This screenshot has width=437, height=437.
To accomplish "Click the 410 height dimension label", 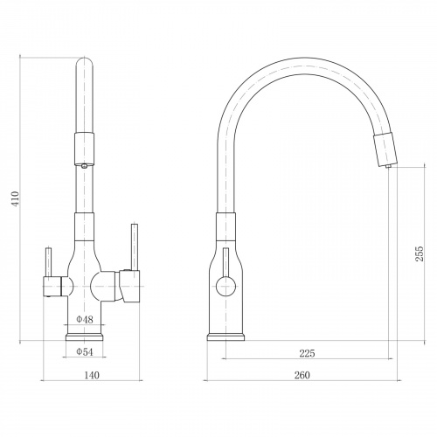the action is click(x=15, y=198).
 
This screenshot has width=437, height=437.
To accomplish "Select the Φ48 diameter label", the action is click(x=85, y=320).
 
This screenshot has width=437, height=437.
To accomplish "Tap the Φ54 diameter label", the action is click(x=85, y=352).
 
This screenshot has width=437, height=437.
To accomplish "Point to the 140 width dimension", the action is click(x=92, y=375).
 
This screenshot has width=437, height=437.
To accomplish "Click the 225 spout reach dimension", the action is click(x=308, y=353).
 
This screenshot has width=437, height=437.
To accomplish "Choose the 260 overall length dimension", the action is click(x=302, y=375).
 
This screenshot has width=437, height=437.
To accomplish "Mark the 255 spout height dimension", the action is click(x=420, y=253).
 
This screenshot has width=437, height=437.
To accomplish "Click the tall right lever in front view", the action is click(x=135, y=247).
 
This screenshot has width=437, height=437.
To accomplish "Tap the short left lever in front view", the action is click(x=49, y=262).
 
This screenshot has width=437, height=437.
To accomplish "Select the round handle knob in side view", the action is click(x=225, y=287).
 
